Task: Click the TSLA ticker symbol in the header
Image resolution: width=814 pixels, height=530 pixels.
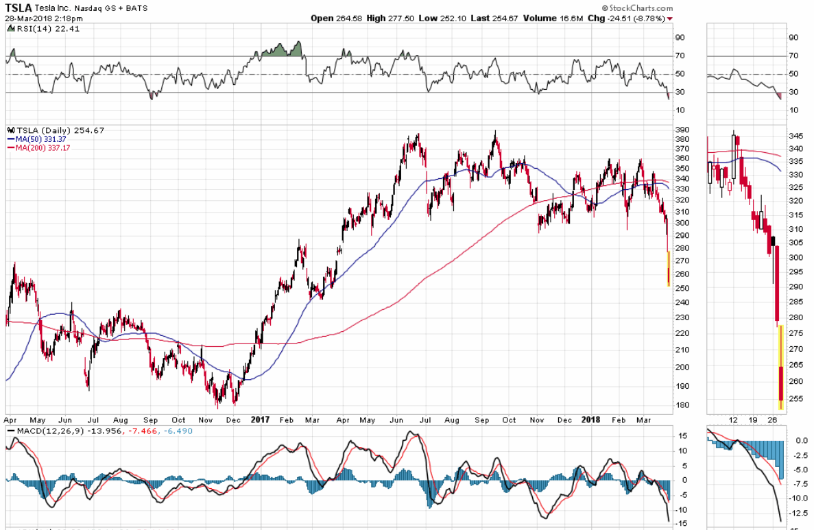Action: pyautogui.click(x=18, y=6)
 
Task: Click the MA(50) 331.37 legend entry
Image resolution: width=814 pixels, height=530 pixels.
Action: pyautogui.click(x=37, y=139)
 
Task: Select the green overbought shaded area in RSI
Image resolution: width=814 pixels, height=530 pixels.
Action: pyautogui.click(x=280, y=51)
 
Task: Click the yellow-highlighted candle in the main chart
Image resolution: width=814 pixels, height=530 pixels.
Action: pyautogui.click(x=669, y=269)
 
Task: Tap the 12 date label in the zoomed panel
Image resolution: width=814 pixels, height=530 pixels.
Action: pyautogui.click(x=733, y=418)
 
